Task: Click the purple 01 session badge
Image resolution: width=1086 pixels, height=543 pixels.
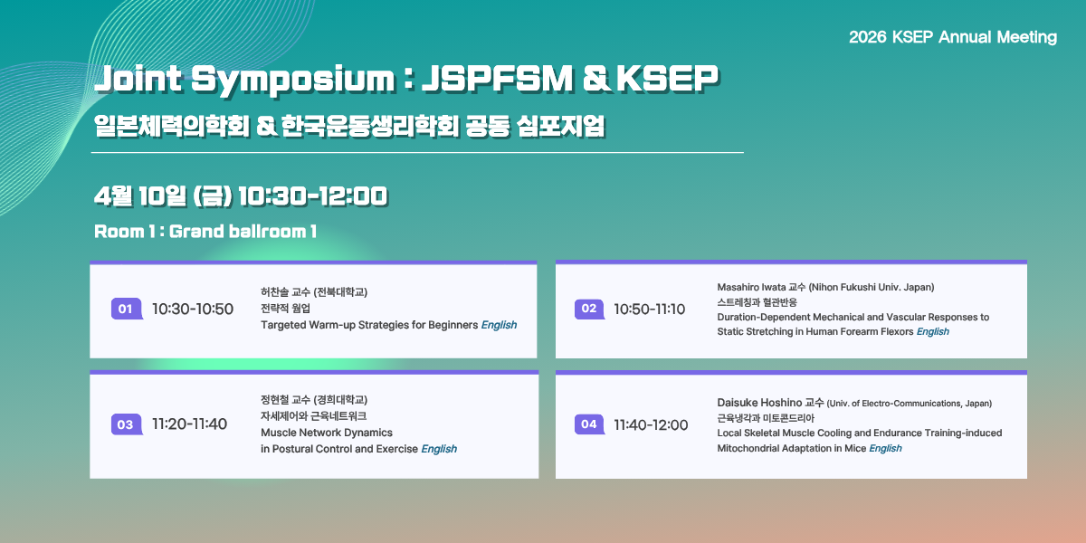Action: click(127, 309)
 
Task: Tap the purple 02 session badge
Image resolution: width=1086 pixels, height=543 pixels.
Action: click(589, 309)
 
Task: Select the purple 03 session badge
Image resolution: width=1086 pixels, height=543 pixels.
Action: click(127, 424)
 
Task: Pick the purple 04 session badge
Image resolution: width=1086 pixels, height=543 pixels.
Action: click(589, 424)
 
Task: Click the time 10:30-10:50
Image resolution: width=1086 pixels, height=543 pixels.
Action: click(193, 309)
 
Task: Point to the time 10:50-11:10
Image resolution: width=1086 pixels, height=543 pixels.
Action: click(649, 309)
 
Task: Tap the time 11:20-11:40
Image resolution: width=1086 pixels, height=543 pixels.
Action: click(189, 424)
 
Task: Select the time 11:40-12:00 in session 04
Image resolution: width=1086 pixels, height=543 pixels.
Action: click(651, 425)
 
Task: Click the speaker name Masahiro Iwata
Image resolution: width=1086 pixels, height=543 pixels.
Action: click(751, 287)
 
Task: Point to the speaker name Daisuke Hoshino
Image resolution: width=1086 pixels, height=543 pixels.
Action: click(759, 403)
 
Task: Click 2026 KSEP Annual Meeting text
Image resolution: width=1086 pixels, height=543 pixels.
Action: click(953, 37)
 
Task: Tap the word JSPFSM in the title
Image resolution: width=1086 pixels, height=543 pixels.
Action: click(497, 78)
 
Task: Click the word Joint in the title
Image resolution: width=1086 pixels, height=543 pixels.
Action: click(138, 78)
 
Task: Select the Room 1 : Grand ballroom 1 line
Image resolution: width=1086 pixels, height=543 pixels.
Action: click(205, 232)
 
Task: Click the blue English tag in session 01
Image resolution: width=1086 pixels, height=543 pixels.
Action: click(499, 325)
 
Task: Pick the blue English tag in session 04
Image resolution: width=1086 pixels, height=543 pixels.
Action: click(885, 448)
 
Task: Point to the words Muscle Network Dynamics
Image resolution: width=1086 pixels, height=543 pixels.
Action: click(327, 433)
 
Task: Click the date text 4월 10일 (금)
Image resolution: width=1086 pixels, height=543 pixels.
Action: click(163, 196)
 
